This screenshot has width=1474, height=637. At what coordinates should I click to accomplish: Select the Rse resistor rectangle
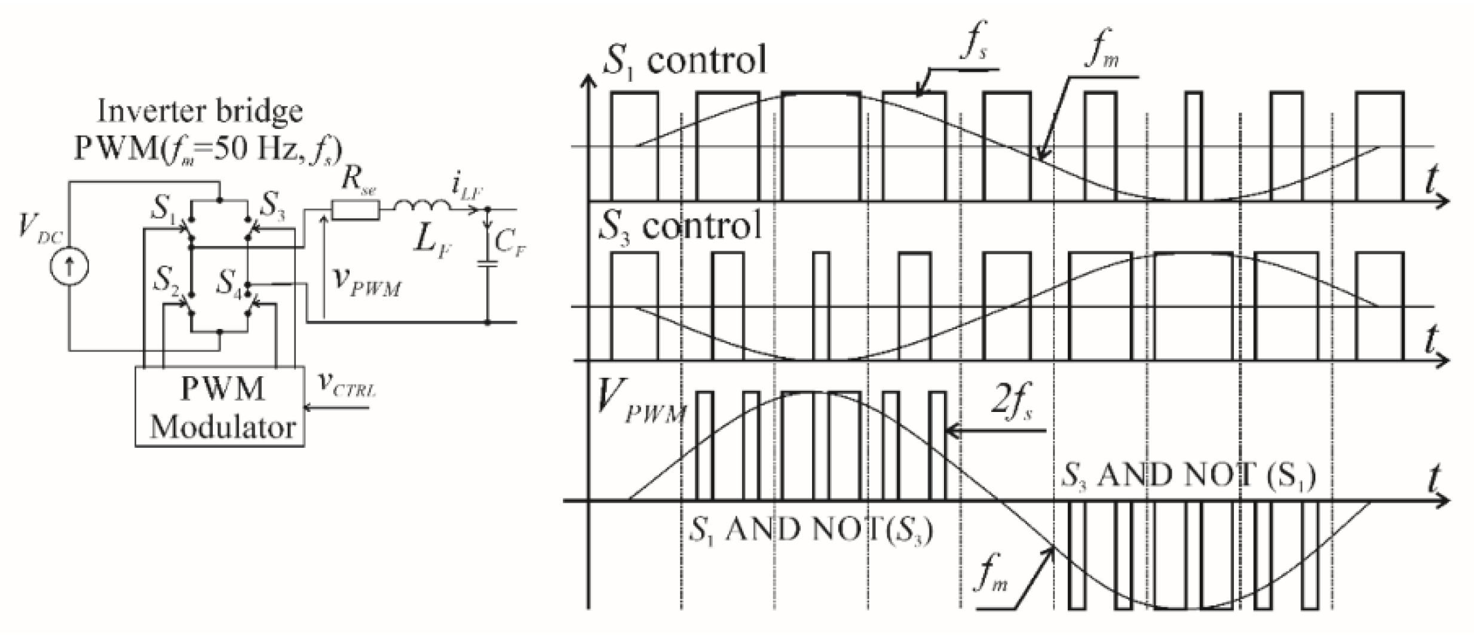coord(355,210)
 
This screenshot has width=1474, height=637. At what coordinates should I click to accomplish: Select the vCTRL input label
coord(347,384)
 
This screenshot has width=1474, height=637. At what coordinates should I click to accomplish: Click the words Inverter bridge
coord(200,112)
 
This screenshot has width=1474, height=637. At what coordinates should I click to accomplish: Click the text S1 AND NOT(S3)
coord(810,529)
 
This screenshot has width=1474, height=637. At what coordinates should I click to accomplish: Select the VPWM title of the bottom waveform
coord(642,407)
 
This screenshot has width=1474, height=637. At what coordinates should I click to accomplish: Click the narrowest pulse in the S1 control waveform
coord(1193,146)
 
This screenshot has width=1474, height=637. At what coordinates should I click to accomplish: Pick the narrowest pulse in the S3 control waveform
coord(822,306)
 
